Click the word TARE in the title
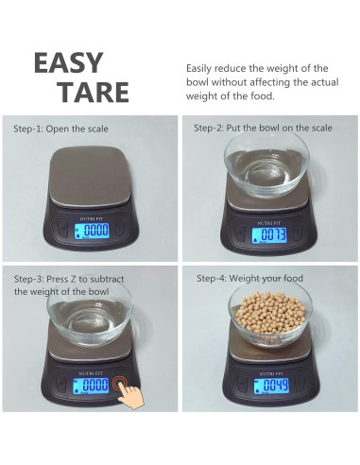pos(93,93)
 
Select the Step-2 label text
pos(251,128)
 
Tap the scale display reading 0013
pos(272,234)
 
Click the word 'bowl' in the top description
pos(201,82)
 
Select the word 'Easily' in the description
pos(203,68)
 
